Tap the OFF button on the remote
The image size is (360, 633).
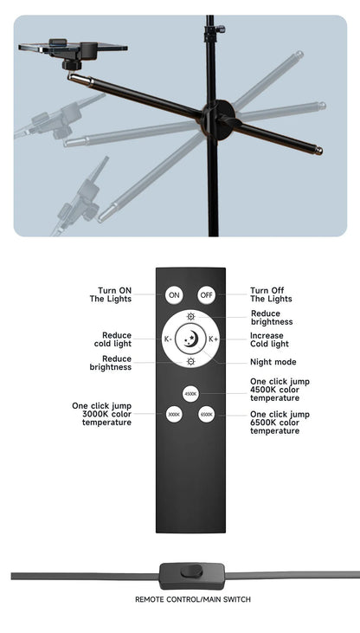tap(206, 295)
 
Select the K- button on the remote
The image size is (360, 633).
tap(168, 339)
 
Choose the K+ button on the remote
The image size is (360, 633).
tap(213, 339)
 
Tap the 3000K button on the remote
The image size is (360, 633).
tap(174, 415)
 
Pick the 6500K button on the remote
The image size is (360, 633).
tap(207, 415)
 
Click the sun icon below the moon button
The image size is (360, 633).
tap(190, 361)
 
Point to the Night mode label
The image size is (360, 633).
tap(273, 362)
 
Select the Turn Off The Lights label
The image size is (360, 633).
tap(271, 294)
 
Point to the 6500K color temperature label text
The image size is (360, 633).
tap(280, 422)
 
